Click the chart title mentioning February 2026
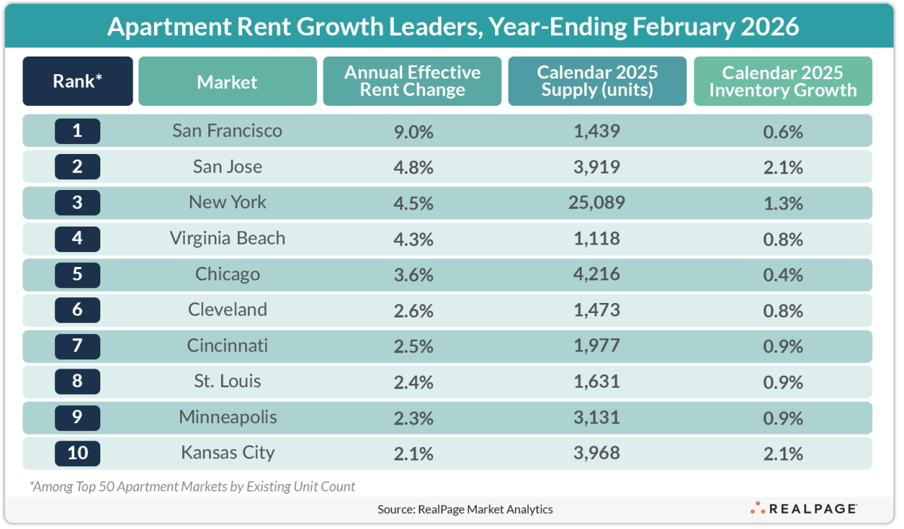(x=452, y=27)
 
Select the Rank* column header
(x=78, y=81)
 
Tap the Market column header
(x=227, y=81)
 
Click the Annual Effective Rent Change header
(x=412, y=81)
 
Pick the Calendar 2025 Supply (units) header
(x=597, y=81)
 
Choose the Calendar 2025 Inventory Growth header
(x=783, y=81)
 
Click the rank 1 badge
(x=78, y=131)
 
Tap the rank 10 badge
(x=78, y=452)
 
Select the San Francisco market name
(x=227, y=131)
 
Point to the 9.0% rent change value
(x=412, y=131)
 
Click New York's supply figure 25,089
(x=597, y=203)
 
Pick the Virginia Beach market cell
(x=227, y=238)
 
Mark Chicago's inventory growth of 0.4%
(x=783, y=274)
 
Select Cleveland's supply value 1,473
(x=597, y=310)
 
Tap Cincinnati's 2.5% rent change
(x=412, y=346)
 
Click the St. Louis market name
(x=227, y=381)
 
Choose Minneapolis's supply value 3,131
(x=597, y=417)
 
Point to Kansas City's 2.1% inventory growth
(x=783, y=453)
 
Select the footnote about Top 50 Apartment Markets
(x=192, y=486)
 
